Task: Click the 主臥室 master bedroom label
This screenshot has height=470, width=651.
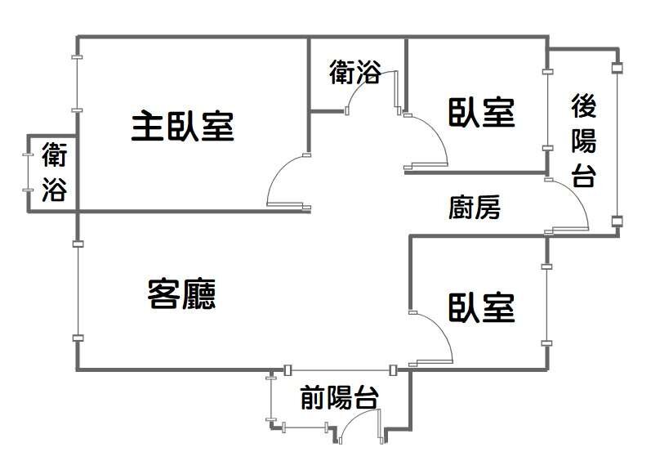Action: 182,127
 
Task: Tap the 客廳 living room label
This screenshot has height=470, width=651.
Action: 181,293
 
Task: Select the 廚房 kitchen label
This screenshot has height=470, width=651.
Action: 475,208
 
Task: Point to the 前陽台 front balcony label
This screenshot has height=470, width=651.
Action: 339,398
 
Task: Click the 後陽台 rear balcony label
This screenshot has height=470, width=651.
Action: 583,141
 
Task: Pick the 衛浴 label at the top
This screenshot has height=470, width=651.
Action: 355,73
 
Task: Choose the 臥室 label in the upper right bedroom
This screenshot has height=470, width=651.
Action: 482,112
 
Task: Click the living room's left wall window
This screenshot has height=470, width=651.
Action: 77,291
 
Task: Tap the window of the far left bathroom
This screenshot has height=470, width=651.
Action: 27,172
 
